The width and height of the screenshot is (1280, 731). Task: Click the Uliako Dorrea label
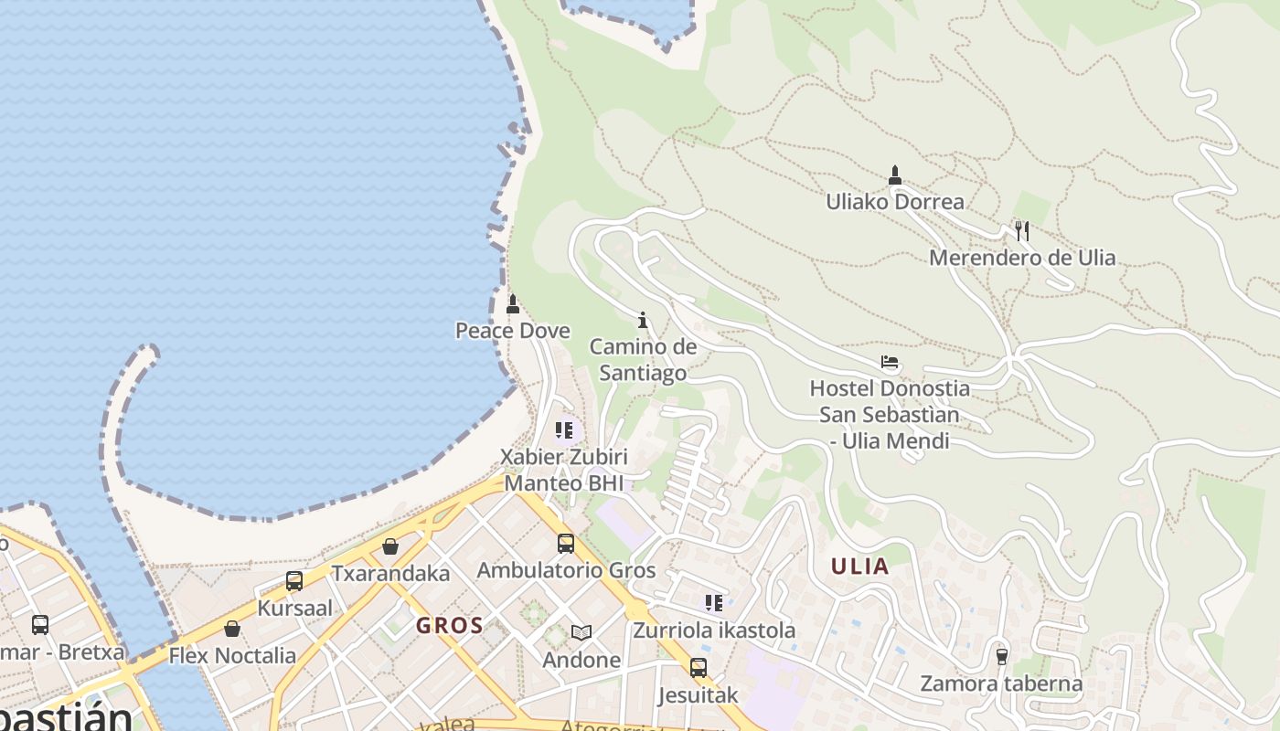tap(895, 201)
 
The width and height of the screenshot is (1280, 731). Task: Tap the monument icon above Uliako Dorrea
tap(895, 175)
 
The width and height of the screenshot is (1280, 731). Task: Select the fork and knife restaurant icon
tap(1022, 231)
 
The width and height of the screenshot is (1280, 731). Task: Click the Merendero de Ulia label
tap(1022, 258)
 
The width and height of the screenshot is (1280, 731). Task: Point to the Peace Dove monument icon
tap(513, 304)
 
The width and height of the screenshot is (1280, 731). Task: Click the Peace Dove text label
tap(513, 331)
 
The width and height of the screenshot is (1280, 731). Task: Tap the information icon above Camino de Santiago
tap(643, 320)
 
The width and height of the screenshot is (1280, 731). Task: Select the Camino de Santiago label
tap(643, 360)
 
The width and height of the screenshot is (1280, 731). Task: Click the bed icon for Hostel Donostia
tap(890, 362)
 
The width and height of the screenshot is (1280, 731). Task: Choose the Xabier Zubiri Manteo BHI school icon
tap(564, 429)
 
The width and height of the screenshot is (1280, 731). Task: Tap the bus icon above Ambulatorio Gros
tap(566, 544)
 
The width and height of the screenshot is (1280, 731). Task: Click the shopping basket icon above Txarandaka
tap(390, 546)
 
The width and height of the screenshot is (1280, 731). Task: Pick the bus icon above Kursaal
tap(294, 581)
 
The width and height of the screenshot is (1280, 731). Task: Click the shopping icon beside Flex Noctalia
tap(232, 629)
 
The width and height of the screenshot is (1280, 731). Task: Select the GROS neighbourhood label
tap(449, 626)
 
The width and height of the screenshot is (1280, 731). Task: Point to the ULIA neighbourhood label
tap(859, 567)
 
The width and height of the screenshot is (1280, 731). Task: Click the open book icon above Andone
tap(581, 632)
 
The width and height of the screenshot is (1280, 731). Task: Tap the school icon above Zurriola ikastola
tap(714, 603)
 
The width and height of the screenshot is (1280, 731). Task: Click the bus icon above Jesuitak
tap(699, 668)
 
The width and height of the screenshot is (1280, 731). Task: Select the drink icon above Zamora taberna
tap(1001, 656)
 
